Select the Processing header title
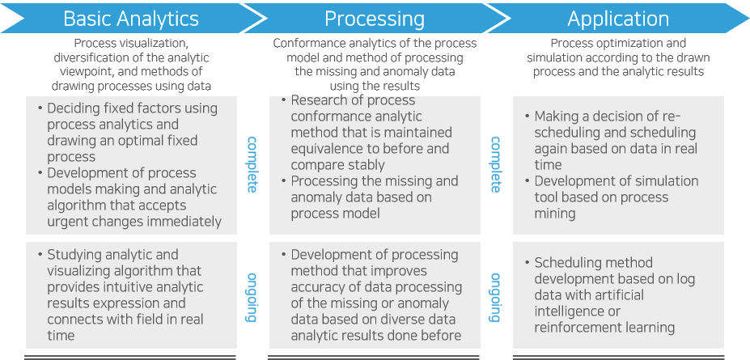[374, 19]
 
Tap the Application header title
[618, 19]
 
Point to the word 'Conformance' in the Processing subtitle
[310, 44]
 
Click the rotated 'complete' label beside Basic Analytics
[252, 164]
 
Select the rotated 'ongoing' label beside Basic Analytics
[252, 297]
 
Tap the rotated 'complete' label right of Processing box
[495, 164]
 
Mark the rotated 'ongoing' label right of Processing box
[495, 297]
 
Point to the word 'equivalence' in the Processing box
[324, 149]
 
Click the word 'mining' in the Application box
[555, 214]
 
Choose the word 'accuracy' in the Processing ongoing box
[320, 286]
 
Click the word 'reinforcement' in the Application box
[576, 327]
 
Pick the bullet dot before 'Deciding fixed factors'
[40, 108]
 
